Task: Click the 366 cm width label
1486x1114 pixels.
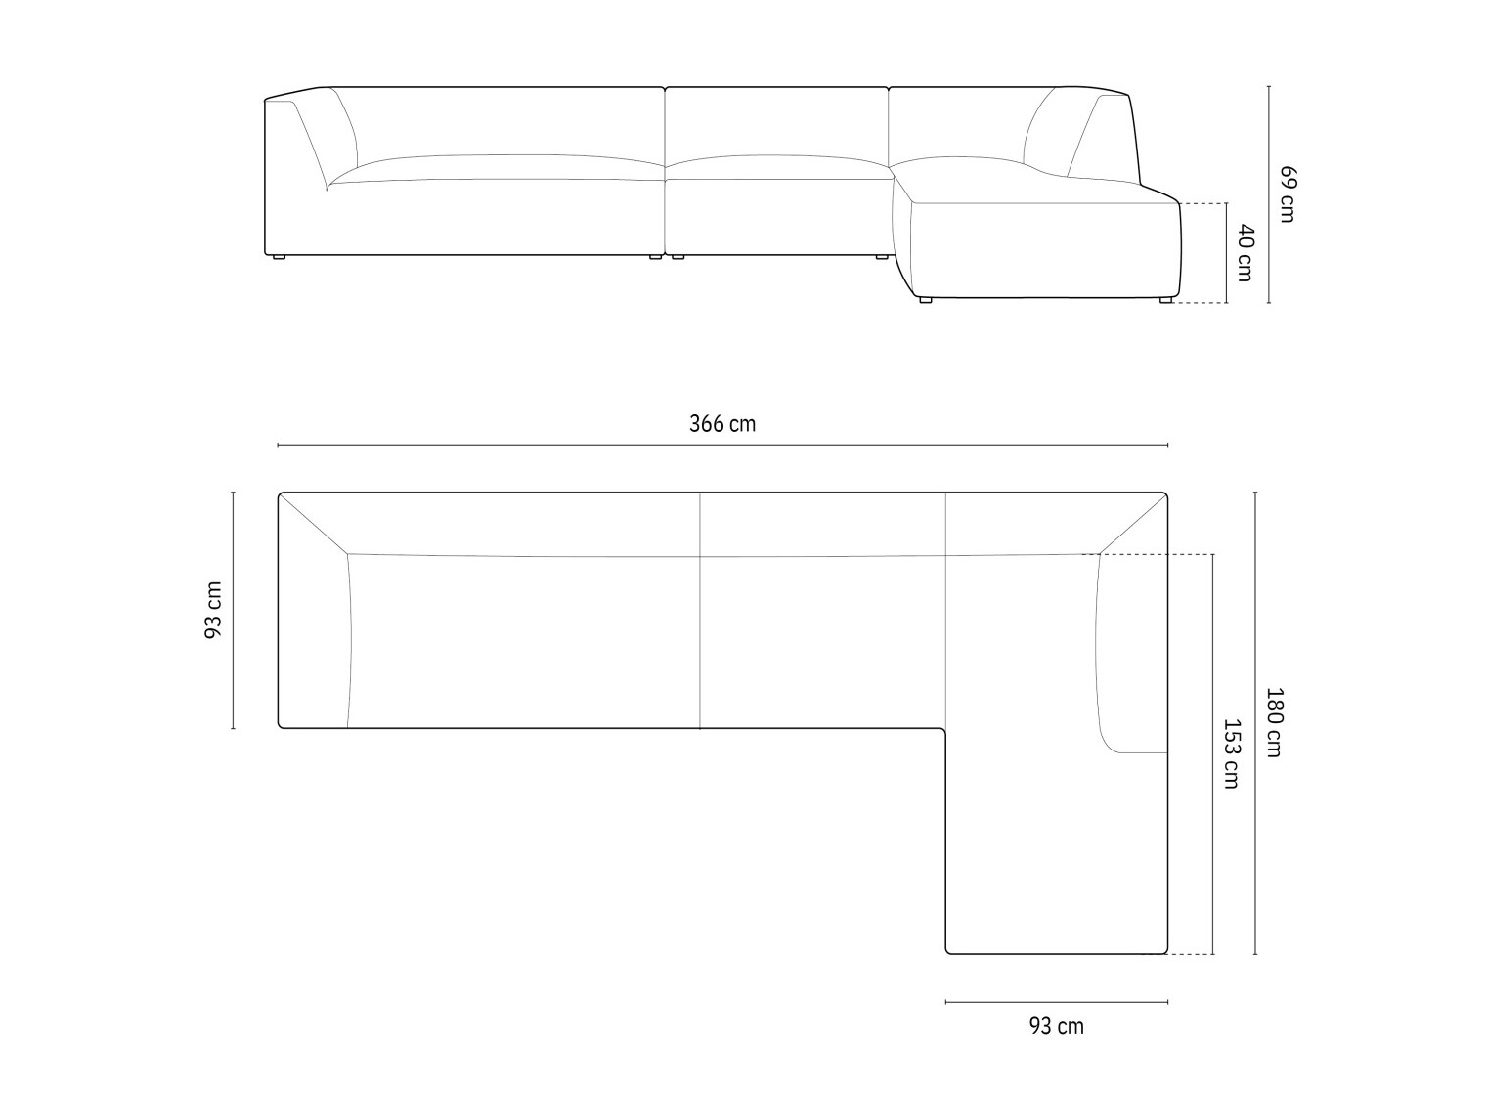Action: [722, 424]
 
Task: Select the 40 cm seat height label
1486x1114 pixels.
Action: [1245, 253]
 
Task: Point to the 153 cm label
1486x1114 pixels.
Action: [1231, 753]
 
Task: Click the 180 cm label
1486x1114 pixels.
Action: [1274, 722]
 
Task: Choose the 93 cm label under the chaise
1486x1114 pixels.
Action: [1056, 1026]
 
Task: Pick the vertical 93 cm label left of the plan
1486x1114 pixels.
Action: [213, 610]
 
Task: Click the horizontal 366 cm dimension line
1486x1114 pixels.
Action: [722, 445]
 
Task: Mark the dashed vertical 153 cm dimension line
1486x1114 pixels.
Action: [1212, 753]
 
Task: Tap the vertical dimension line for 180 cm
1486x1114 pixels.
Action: [1256, 722]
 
